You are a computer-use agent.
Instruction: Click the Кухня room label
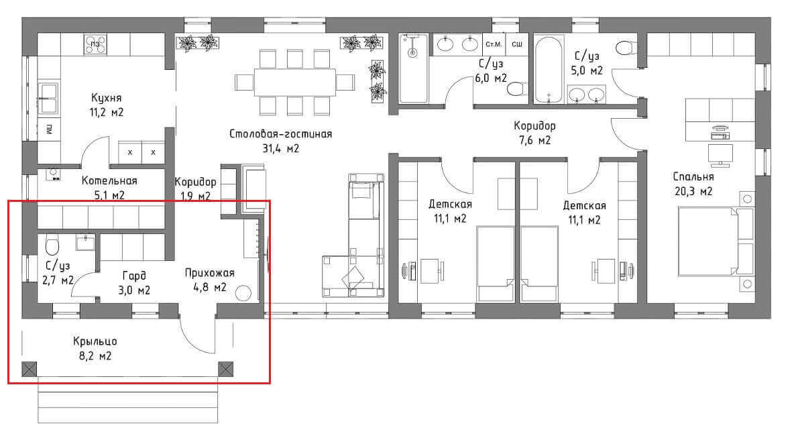[106, 97]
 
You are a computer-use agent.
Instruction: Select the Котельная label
[109, 180]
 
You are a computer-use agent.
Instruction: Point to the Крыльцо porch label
[95, 341]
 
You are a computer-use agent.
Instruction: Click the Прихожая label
[210, 273]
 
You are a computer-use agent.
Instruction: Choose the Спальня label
[693, 176]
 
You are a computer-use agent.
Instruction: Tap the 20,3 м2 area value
[693, 191]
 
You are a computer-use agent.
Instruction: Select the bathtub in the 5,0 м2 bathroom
[549, 69]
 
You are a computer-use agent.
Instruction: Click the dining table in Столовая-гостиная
[295, 82]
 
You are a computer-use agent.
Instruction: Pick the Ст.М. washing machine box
[494, 45]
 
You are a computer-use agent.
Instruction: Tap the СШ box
[517, 45]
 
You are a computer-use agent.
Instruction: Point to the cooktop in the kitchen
[95, 45]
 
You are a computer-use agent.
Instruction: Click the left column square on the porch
[30, 369]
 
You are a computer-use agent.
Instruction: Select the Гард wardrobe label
[135, 276]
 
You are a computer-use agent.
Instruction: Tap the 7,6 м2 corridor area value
[534, 141]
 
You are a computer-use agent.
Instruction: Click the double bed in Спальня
[716, 242]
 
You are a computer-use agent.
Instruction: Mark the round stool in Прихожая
[243, 294]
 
